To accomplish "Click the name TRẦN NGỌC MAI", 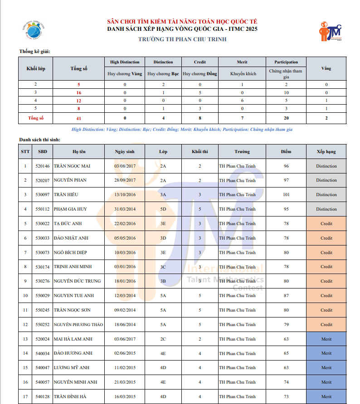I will (72, 166).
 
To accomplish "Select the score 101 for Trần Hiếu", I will (286, 195).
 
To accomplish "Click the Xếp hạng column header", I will (326, 152).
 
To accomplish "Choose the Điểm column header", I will (286, 152).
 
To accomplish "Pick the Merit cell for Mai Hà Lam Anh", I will (326, 339).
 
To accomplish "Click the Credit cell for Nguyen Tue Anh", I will (326, 296).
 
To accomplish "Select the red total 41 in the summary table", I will (78, 118).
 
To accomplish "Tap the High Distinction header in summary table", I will (125, 62).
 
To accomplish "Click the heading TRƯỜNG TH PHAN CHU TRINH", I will (182, 39).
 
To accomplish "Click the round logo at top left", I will (33, 30).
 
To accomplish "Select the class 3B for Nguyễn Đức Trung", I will (163, 281).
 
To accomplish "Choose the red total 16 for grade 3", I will (78, 92).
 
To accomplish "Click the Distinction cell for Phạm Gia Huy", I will (326, 209).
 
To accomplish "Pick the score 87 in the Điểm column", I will (286, 296).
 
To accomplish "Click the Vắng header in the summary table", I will (326, 68).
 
